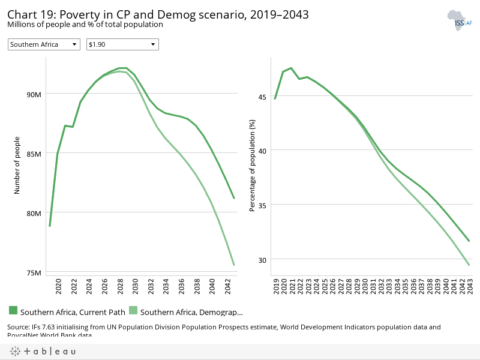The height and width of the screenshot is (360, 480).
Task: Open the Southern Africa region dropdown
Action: coord(44,44)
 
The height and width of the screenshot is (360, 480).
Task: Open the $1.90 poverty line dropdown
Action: coord(122,44)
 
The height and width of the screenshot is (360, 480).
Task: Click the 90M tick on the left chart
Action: coord(33,94)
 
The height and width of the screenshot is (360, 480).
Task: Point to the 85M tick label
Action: coord(33,154)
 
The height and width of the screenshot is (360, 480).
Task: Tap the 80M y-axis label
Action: coord(33,213)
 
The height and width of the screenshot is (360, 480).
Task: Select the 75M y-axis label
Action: coord(33,272)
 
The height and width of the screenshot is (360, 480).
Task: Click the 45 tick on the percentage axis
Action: coord(262,97)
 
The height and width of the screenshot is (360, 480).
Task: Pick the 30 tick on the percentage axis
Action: coord(262,260)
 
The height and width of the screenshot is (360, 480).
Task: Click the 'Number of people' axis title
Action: coord(18,165)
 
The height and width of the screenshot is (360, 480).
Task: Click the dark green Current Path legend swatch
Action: coord(13,310)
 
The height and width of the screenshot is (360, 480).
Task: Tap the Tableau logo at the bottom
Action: coord(42,351)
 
